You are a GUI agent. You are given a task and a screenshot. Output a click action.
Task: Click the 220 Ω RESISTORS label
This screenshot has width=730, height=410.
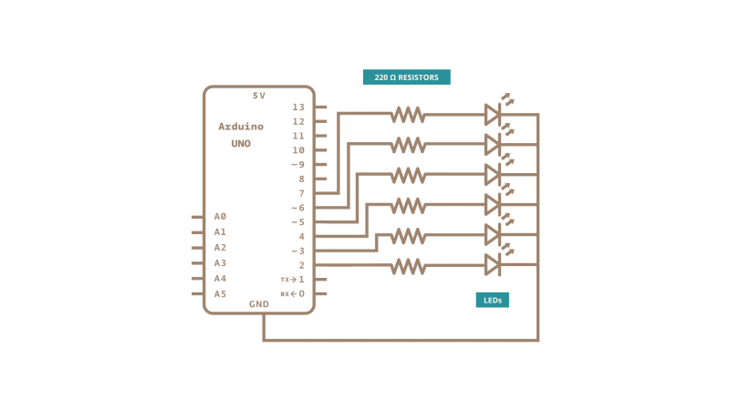pos(407,77)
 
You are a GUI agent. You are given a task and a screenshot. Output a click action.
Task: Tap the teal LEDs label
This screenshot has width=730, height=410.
pos(492,299)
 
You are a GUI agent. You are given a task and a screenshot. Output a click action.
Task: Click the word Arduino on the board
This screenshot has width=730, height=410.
pos(241,126)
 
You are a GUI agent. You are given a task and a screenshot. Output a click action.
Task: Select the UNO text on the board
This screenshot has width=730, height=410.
pos(241,144)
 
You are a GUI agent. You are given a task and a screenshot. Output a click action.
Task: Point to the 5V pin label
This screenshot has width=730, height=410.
pos(259,96)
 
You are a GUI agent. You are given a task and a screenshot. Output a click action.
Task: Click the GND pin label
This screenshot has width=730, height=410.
pos(259,303)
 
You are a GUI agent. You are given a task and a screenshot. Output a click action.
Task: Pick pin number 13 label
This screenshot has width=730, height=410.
pos(297,107)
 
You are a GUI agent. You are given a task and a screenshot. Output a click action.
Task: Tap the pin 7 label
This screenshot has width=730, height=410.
pos(300,193)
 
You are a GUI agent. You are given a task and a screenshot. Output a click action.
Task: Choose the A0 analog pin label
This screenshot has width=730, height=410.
pos(220,217)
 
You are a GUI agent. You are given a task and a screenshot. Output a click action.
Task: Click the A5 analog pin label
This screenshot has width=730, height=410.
pos(220,293)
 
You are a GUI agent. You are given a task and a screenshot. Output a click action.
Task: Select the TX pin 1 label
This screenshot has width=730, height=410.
pos(293,280)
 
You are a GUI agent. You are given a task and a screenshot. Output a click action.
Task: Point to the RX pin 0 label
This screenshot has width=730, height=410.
pos(293,293)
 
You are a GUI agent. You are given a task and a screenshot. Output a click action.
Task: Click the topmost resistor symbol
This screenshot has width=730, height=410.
pos(408,115)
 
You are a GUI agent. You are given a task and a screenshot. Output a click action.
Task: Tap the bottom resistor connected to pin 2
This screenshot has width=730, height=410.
pos(408,265)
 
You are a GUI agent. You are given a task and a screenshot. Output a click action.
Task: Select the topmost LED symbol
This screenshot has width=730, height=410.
pos(493,114)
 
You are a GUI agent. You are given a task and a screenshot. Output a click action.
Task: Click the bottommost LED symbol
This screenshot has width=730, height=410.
pos(493,264)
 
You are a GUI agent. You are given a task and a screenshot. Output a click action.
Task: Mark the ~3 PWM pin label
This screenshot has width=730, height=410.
pos(297,251)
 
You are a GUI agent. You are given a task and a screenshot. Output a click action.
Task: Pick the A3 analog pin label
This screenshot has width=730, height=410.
pos(220,262)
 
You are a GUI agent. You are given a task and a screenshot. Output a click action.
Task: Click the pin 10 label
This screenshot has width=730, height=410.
pos(297,149)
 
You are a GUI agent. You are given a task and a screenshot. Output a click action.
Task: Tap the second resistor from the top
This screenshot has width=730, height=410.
pos(408,144)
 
